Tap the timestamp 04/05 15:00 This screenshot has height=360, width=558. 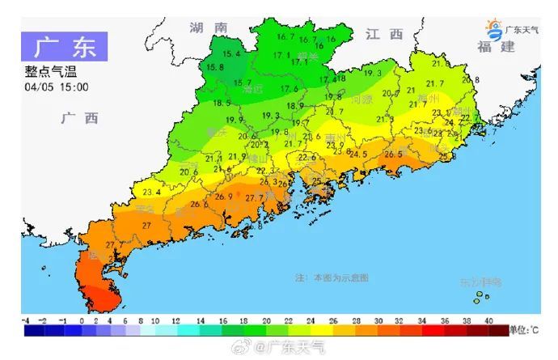click(x=57, y=87)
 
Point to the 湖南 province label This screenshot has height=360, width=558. click(x=208, y=28)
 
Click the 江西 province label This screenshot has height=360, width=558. click(x=383, y=34)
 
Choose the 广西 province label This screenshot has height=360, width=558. click(x=79, y=118)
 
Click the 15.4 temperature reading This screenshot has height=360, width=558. click(x=232, y=54)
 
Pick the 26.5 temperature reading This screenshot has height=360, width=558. click(x=394, y=154)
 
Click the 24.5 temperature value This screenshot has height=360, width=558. click(x=358, y=154)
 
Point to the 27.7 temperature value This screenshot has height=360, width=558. click(x=255, y=197)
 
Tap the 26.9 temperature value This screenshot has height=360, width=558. click(x=224, y=197)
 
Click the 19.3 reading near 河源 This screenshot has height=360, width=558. click(x=373, y=74)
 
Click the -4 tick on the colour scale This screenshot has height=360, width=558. click(x=26, y=321)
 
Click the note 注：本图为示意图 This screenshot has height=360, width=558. click(x=332, y=277)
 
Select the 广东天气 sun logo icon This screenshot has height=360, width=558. click(x=494, y=28)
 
